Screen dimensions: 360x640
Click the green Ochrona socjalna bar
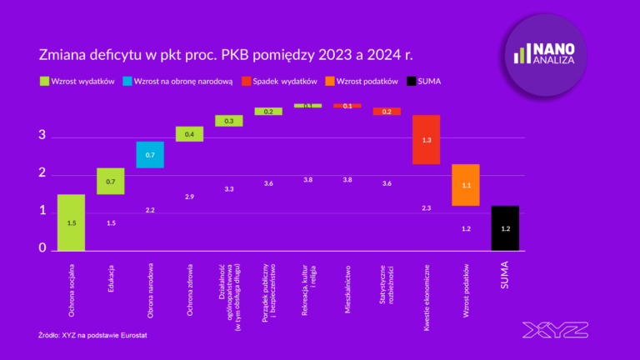tap(71, 222)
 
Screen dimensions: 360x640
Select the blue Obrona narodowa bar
tap(150, 154)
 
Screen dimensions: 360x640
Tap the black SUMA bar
tap(505, 227)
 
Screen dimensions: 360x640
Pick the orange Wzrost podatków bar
tap(466, 185)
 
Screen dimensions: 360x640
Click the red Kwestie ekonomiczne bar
tap(426, 139)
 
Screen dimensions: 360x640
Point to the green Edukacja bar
tap(110, 181)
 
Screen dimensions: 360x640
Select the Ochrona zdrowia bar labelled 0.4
tap(189, 134)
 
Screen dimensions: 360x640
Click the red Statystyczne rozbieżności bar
tap(387, 111)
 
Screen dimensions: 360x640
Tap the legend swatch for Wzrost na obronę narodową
tap(127, 82)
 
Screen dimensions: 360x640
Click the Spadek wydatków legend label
tap(285, 82)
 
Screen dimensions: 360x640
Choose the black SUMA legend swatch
tap(411, 82)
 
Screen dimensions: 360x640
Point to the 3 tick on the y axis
tap(42, 136)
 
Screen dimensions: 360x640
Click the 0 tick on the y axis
tap(42, 248)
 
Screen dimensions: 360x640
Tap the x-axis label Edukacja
tap(111, 284)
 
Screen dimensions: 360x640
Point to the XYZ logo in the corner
tap(555, 330)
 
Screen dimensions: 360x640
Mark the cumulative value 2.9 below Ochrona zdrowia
tap(189, 197)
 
